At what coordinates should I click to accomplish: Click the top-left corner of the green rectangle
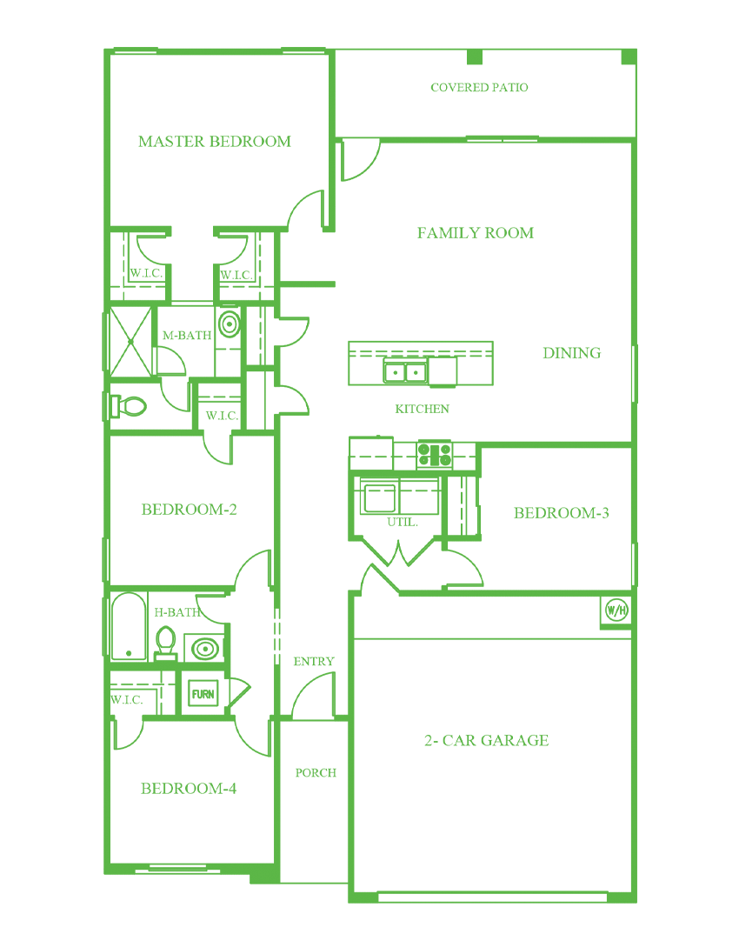coord(102,47)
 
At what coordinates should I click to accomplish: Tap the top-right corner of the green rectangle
coord(637,47)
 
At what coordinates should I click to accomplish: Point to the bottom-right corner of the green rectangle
coord(637,903)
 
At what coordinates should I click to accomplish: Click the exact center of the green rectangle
coord(369,475)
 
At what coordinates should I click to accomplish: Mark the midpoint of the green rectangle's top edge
coord(369,47)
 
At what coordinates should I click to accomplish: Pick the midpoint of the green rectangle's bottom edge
coord(369,903)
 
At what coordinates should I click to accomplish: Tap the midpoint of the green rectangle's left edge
coord(102,475)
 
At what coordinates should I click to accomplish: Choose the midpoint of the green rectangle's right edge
coord(637,475)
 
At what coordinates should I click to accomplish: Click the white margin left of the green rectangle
coord(50,475)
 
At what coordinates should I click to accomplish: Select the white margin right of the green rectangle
coord(688,475)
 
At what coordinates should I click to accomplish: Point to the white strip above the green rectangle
coord(369,23)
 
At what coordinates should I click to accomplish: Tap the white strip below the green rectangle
coord(369,918)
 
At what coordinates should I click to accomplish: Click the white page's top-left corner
coord(1,1)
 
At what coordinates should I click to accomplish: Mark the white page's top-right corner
coord(737,1)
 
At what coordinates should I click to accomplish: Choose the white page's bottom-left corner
coord(1,932)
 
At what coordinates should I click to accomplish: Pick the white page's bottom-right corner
coord(737,932)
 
